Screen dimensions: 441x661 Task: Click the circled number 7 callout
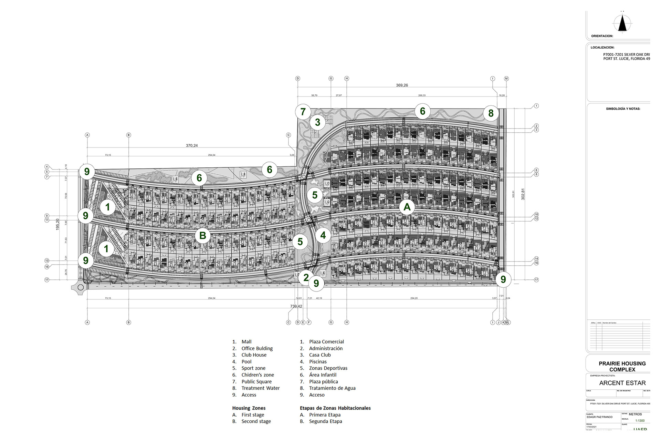(x=303, y=112)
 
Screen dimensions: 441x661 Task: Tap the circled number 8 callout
(x=491, y=113)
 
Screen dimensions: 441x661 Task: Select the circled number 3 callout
(x=317, y=122)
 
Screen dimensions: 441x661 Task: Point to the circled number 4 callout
(x=323, y=235)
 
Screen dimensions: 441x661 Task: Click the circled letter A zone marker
(x=407, y=207)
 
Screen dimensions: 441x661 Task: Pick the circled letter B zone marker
(x=203, y=236)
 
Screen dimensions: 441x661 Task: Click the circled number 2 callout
(x=306, y=277)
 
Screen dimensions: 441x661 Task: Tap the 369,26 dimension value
(x=402, y=85)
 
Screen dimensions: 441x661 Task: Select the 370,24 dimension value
(x=192, y=146)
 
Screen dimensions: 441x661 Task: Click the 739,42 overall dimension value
(x=296, y=306)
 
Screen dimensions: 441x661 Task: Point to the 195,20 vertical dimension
(x=58, y=224)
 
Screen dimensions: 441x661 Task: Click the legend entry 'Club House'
(x=254, y=355)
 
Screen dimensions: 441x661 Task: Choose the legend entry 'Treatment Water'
(x=260, y=388)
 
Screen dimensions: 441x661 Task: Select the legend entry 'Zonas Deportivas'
(x=328, y=368)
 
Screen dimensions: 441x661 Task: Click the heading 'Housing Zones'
(x=249, y=408)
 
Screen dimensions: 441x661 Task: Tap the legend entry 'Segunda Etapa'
(x=325, y=421)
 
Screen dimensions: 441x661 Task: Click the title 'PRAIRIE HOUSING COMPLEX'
(x=622, y=366)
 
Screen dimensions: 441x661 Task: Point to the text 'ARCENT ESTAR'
(x=622, y=383)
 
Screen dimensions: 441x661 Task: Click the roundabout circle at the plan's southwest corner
(x=81, y=287)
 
